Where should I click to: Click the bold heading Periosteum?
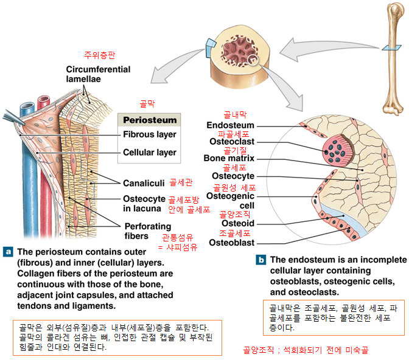(x=150, y=120)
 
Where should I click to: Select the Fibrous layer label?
(x=149, y=134)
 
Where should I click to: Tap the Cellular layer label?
(x=150, y=152)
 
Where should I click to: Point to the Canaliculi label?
(x=144, y=182)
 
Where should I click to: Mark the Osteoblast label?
(x=232, y=242)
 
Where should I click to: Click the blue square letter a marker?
(x=9, y=251)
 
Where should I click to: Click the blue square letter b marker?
(x=260, y=260)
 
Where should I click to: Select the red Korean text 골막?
(x=148, y=105)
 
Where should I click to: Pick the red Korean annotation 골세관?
(x=180, y=182)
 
